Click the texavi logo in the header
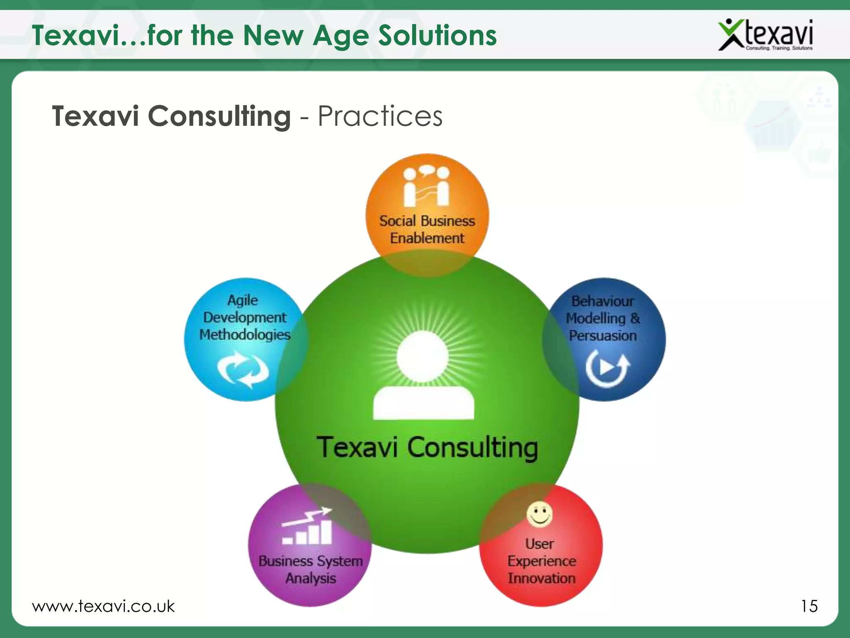coord(766,35)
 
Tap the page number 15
coord(809,606)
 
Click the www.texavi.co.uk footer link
coord(103,606)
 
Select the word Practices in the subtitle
coord(380,116)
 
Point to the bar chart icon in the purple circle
coord(308,527)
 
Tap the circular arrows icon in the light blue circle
coord(244,369)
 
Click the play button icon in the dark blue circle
coord(607,368)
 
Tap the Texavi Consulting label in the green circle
coord(427,448)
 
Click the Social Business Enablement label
coord(427,229)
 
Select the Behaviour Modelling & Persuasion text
coord(603,318)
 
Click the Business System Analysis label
coord(310,569)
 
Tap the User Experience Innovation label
coord(541,561)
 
